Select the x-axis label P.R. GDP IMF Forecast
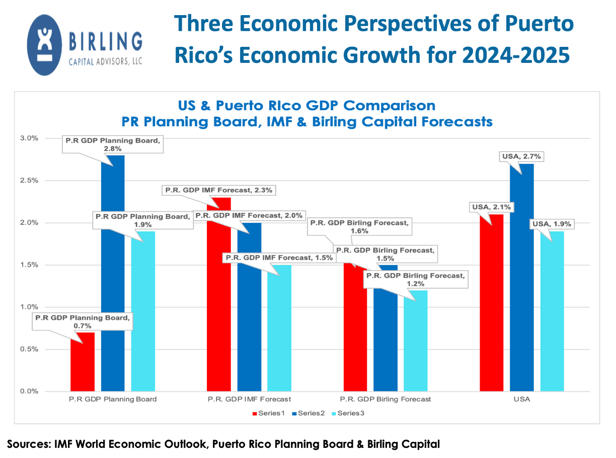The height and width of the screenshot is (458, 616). pos(249,399)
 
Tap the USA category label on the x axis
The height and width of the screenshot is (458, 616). pos(522,399)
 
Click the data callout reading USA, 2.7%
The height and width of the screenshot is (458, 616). pos(522,157)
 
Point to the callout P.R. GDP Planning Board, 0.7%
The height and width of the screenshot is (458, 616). pos(82,322)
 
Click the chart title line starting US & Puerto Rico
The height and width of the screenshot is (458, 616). pos(306,106)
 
